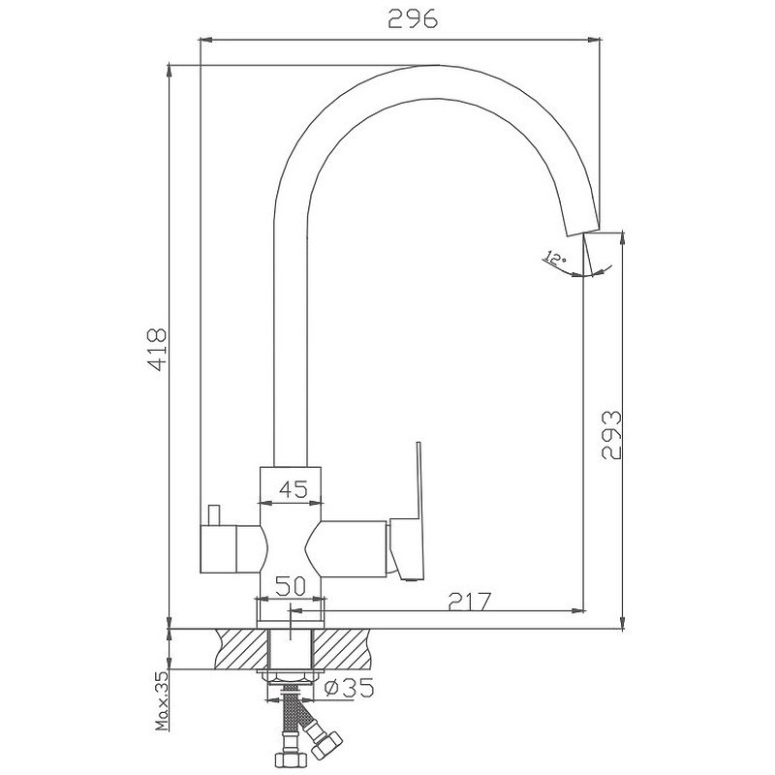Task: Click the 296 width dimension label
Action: (x=413, y=18)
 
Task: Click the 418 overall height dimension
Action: (x=157, y=349)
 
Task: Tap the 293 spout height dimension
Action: (x=611, y=434)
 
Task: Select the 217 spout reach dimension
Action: (x=470, y=601)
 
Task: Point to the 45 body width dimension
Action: (x=294, y=489)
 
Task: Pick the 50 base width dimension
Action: (x=291, y=586)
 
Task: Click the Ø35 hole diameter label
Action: (x=350, y=688)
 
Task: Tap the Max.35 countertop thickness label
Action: (x=162, y=700)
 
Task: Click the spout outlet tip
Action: (x=582, y=232)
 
